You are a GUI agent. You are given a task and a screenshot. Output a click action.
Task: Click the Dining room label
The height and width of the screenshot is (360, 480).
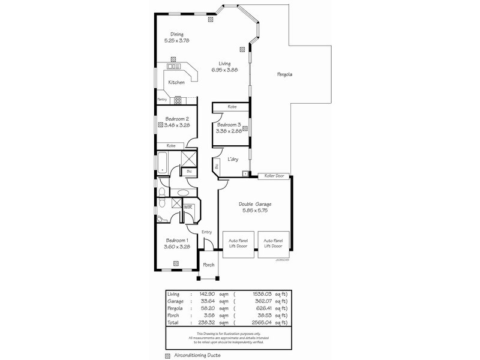click(176, 34)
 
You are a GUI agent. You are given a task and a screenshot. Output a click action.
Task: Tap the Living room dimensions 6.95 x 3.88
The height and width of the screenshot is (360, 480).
click(224, 70)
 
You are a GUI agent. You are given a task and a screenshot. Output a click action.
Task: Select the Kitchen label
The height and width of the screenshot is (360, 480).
click(176, 82)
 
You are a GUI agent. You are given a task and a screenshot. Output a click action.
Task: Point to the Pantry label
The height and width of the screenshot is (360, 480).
click(162, 99)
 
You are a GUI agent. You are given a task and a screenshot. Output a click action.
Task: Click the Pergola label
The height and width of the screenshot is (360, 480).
click(284, 74)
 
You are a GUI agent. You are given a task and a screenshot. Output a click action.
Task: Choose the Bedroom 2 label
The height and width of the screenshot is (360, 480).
click(177, 119)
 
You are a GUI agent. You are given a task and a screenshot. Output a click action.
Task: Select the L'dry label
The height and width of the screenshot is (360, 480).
click(233, 159)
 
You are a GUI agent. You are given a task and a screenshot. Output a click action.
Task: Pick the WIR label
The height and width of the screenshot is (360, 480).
click(188, 207)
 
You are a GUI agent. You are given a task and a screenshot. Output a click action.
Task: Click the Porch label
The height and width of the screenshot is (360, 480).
click(208, 265)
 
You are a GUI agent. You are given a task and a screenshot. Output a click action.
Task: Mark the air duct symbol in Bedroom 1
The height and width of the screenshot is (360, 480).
click(176, 262)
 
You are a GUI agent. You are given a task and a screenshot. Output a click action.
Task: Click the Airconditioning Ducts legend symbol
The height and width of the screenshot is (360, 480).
click(167, 355)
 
